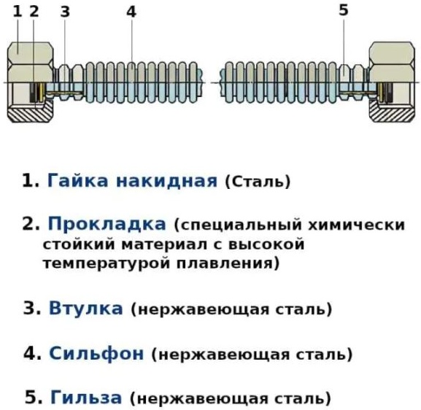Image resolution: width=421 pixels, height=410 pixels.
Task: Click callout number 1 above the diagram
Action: tap(18, 12)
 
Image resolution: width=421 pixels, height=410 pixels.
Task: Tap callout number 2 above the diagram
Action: tap(34, 12)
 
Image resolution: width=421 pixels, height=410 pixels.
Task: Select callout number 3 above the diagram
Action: tap(65, 12)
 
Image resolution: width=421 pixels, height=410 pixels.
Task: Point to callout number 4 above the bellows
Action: tap(131, 12)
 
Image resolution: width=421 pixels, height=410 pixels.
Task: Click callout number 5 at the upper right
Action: tap(344, 10)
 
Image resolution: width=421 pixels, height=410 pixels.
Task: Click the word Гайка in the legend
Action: tap(78, 180)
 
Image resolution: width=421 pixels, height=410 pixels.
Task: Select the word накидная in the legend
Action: tap(166, 181)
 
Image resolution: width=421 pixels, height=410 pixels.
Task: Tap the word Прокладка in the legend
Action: tap(107, 224)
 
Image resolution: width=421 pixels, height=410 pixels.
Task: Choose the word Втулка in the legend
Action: tap(86, 309)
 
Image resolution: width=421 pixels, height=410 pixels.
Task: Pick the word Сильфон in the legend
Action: tap(96, 353)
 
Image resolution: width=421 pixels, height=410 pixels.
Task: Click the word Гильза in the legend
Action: tap(86, 398)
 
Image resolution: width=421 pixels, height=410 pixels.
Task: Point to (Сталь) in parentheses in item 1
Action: tap(258, 182)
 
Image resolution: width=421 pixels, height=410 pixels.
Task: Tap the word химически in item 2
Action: tap(356, 225)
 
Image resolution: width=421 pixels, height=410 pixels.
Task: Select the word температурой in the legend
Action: tap(107, 263)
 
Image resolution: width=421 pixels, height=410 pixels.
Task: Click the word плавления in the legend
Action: tap(225, 263)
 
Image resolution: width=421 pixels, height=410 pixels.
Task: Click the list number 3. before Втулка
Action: tap(32, 309)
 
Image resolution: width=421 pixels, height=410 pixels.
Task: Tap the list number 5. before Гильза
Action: tap(34, 398)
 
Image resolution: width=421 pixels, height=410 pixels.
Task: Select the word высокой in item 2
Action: tap(266, 244)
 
